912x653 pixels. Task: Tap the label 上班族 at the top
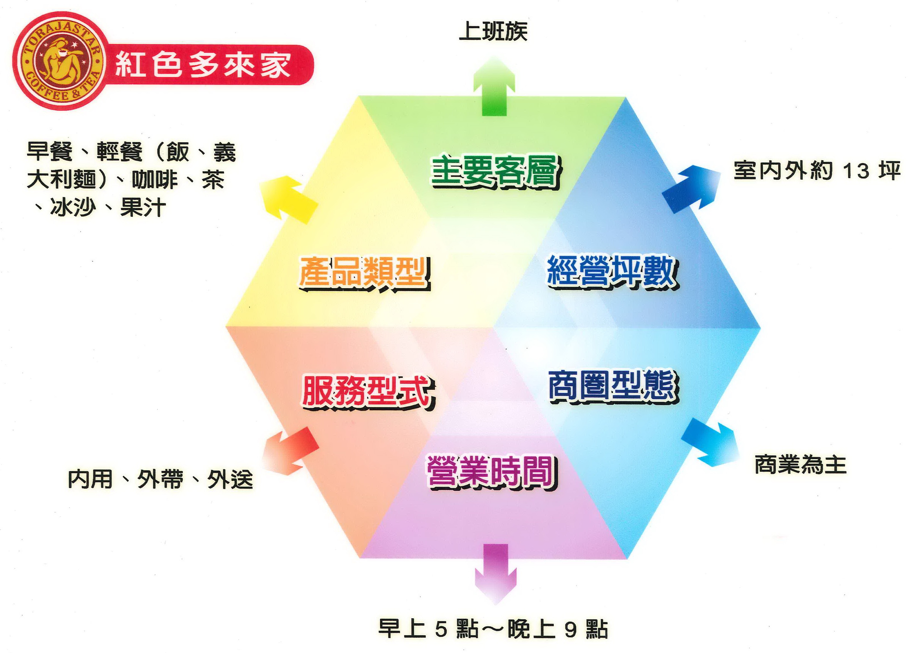tap(493, 31)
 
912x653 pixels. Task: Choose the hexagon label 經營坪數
tap(612, 271)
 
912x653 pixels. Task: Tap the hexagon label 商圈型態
tap(613, 387)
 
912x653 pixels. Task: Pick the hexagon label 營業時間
tap(491, 472)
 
